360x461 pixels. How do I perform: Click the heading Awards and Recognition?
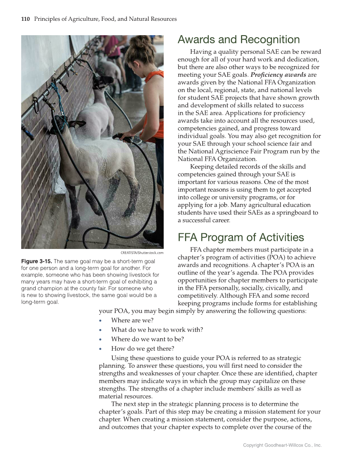click(238, 40)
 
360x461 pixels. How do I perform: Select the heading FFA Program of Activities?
click(240, 237)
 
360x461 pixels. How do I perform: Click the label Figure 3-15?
click(37, 261)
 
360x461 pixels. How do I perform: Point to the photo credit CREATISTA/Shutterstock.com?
click(142, 253)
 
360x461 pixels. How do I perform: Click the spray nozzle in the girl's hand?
click(119, 137)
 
